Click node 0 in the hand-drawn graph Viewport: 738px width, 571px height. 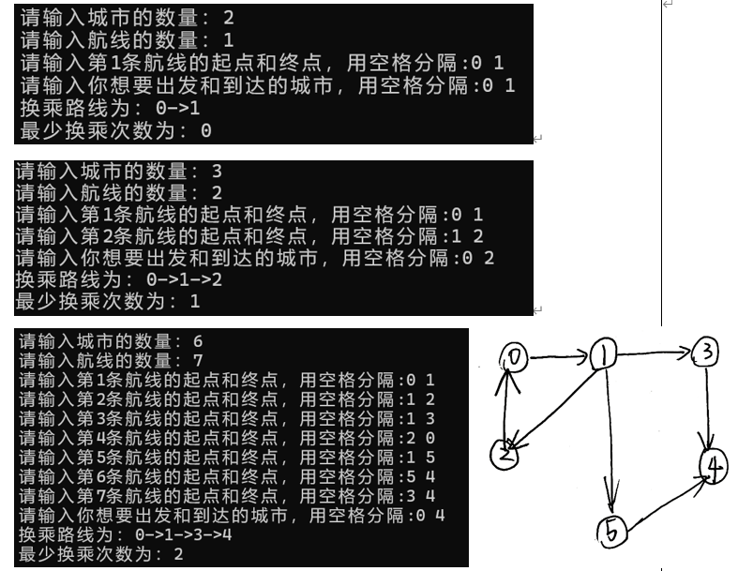[515, 355]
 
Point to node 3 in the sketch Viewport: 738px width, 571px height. [706, 353]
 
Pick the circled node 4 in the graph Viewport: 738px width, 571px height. [713, 467]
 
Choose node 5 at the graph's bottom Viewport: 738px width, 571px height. [610, 533]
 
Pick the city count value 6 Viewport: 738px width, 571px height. [196, 339]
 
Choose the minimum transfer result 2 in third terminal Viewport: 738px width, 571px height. [177, 555]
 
